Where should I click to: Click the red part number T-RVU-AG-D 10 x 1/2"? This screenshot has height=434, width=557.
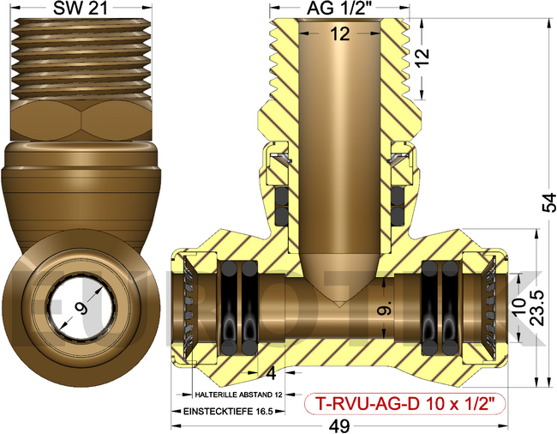(405, 402)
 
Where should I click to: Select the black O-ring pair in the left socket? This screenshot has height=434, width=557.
(239, 306)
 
